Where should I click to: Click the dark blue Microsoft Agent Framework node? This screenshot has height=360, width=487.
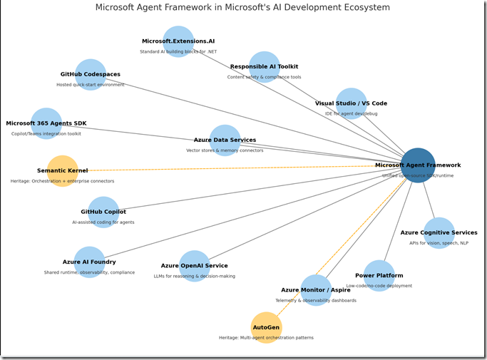coord(418,165)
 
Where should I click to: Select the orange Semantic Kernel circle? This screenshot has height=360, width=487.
coord(63,171)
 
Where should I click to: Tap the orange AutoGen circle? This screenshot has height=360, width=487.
coord(267,327)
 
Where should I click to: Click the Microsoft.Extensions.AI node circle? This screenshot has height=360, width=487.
coord(178,41)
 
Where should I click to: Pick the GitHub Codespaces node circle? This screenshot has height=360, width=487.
coord(91,74)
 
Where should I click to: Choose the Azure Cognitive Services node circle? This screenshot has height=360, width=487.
coord(439,232)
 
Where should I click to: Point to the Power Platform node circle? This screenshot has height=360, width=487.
coord(379,275)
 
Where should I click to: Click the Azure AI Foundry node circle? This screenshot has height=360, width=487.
coord(89,262)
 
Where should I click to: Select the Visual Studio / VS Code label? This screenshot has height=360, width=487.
coord(351,103)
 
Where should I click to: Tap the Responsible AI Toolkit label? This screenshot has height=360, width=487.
coord(264,66)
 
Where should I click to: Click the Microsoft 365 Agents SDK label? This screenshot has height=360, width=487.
coord(46,123)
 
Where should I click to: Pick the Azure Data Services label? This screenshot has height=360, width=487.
coord(225,140)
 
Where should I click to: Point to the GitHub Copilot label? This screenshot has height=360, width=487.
coord(103,212)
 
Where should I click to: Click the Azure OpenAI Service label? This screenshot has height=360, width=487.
coord(194,266)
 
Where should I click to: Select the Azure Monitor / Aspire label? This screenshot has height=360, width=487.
coord(315,290)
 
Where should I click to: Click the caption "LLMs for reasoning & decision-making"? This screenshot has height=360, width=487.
coord(194,276)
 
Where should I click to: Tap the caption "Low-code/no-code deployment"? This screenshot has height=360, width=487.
coord(379,285)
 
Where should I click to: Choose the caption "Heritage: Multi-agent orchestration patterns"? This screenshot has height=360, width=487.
coord(266,337)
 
